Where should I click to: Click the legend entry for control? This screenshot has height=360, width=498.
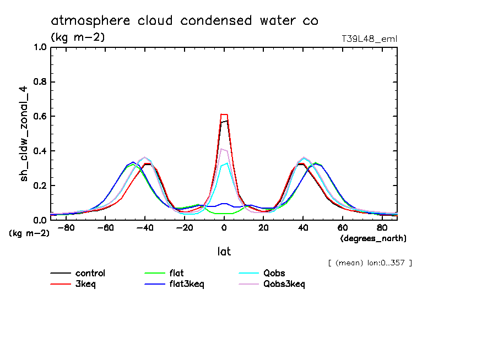point(90,273)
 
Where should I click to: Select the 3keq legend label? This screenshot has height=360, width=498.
point(86,284)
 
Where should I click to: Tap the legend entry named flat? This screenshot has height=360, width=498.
point(177,273)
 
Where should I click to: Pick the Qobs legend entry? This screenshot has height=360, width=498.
point(274,273)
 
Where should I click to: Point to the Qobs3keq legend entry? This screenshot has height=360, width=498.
point(284,284)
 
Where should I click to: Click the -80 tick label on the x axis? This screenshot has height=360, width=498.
point(66,227)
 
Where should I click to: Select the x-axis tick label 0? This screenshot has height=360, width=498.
point(224,227)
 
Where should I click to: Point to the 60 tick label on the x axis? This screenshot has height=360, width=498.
point(342,227)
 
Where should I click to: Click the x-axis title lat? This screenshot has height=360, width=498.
point(224,252)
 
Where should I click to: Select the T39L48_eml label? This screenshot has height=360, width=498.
point(369,39)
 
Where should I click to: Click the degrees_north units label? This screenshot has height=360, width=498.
point(373,238)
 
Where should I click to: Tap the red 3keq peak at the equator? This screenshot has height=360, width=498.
point(224,114)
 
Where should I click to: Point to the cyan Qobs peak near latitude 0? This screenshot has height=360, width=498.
point(226,163)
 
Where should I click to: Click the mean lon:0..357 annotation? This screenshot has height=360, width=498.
point(370,263)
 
